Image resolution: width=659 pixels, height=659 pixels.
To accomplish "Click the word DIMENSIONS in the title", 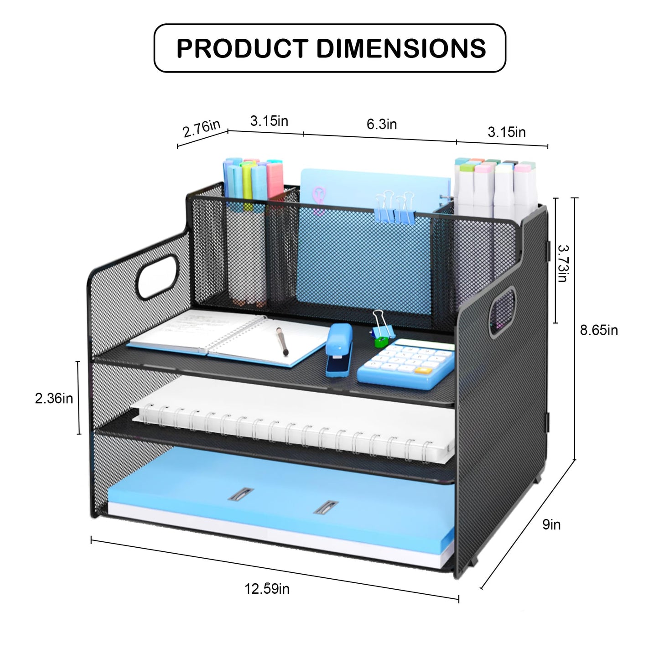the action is [x=401, y=48].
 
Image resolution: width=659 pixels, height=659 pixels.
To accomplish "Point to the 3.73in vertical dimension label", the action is [x=563, y=263].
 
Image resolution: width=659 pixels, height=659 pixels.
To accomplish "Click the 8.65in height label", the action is [x=599, y=330].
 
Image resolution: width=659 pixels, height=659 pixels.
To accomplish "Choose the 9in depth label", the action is [x=551, y=524].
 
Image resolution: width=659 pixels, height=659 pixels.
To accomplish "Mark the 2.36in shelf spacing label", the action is [x=54, y=399].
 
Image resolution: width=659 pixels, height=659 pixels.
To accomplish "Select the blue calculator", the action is [x=406, y=363].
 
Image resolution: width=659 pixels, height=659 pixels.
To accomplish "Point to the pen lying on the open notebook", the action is [x=282, y=341].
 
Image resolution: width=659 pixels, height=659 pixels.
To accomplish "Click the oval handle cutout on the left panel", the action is [x=157, y=277].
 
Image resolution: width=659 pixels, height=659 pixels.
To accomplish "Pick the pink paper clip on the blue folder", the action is [x=319, y=201].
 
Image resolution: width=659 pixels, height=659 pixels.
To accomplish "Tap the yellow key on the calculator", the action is [x=422, y=370].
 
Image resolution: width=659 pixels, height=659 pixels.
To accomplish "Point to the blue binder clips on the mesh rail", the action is [x=395, y=208].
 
